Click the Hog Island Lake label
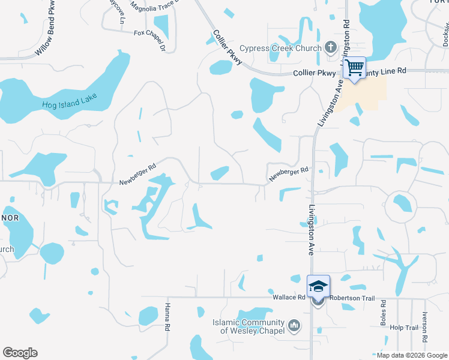70,102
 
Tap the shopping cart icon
355,67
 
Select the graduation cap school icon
318,286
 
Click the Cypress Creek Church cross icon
330,48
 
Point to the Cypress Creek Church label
280,48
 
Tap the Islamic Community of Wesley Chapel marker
294,326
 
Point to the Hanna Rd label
167,316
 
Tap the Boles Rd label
383,318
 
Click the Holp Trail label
403,328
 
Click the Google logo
20,353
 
